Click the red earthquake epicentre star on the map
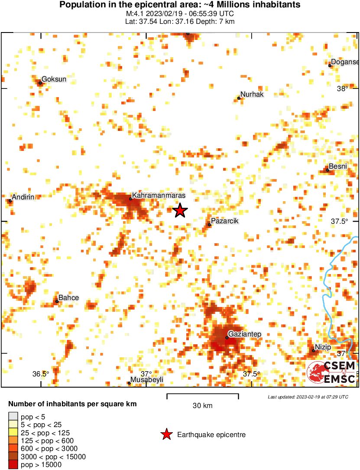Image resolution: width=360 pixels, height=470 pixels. coord(180,210)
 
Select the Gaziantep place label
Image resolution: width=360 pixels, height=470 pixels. coord(244,334)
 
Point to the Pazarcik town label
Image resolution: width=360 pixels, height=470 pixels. coord(224,221)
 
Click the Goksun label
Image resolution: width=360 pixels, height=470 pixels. coord(54,79)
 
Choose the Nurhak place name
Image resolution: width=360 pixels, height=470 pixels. coord(252,95)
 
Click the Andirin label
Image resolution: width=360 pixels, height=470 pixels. coord(23,197)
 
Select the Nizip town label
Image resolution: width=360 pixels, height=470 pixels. coord(323,347)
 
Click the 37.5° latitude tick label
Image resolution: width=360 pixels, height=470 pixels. coord(340,221)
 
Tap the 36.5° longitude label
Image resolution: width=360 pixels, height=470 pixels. coord(41,374)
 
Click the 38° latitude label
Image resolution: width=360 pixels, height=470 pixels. coord(343,89)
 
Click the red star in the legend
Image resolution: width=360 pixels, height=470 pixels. coord(165,434)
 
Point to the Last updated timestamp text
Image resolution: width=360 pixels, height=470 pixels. coord(308,397)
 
